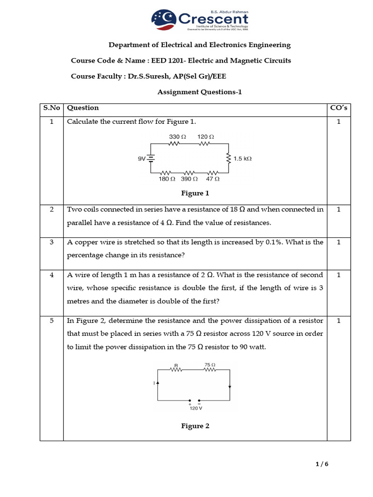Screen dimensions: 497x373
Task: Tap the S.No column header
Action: pyautogui.click(x=51, y=108)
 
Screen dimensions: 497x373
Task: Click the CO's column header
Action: pyautogui.click(x=339, y=108)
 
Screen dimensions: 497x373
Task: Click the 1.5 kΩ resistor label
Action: pyautogui.click(x=242, y=158)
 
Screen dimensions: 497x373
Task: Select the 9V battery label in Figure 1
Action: pyautogui.click(x=142, y=158)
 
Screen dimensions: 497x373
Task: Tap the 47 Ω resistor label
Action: pyautogui.click(x=213, y=179)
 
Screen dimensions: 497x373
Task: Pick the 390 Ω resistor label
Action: pyautogui.click(x=189, y=179)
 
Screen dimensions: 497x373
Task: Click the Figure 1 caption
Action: pyautogui.click(x=195, y=193)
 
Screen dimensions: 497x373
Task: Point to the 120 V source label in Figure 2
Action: pyautogui.click(x=196, y=409)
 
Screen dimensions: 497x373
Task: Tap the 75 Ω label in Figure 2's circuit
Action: pyautogui.click(x=210, y=364)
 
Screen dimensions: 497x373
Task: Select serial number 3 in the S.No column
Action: pyautogui.click(x=51, y=242)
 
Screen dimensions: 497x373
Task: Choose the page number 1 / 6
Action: pyautogui.click(x=322, y=464)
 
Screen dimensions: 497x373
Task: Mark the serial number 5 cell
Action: pyautogui.click(x=51, y=321)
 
